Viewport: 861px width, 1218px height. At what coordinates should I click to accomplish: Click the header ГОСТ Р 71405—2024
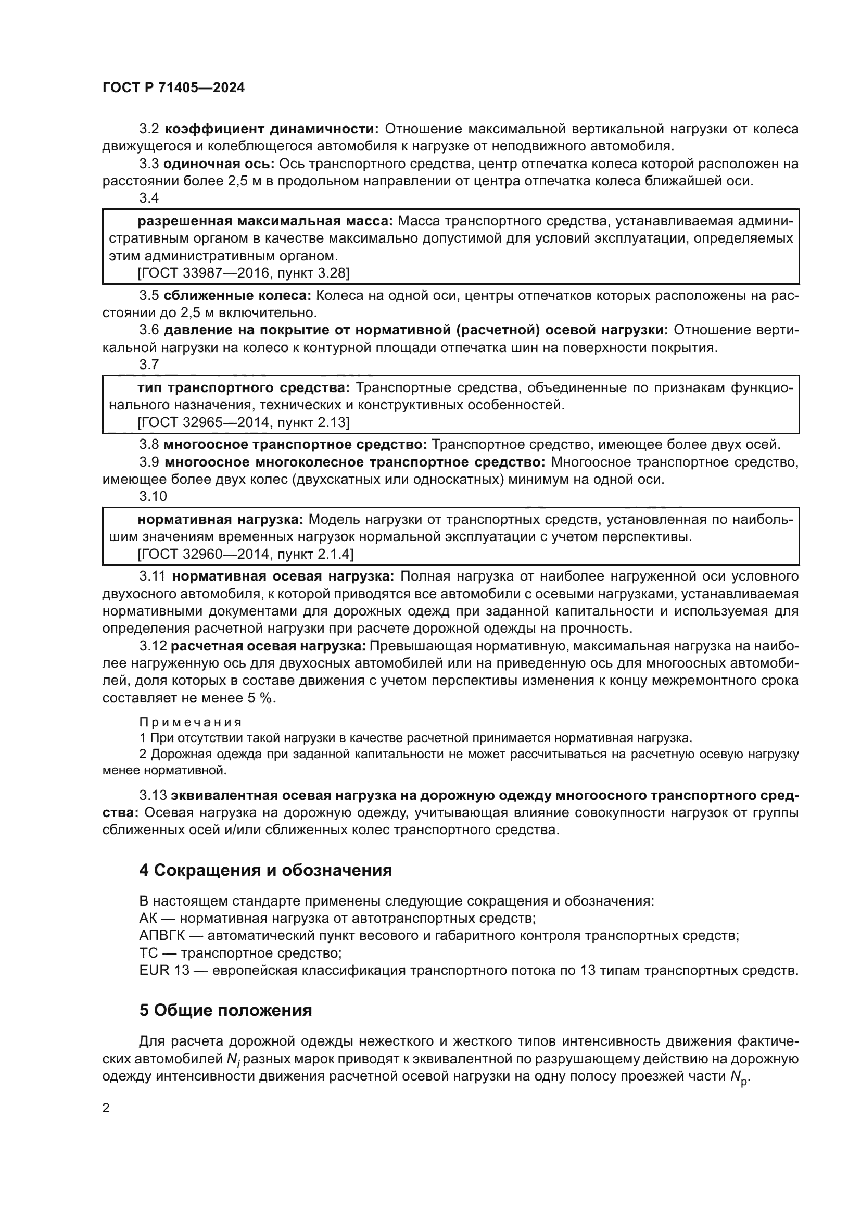pos(173,88)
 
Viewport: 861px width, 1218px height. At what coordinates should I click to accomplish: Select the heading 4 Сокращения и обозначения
pos(265,870)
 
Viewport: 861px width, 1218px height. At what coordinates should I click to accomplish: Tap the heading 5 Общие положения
pos(225,1011)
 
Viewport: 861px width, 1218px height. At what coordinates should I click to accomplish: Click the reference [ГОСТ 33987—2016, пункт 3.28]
pos(243,273)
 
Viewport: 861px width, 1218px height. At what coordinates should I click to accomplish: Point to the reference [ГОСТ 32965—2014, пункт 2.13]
pos(243,422)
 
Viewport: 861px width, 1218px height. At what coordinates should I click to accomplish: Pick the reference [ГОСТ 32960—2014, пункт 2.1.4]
pos(246,554)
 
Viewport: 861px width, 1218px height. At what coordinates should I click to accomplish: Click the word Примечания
pos(191,722)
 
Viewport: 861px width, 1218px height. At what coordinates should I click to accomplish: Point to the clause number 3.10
pos(153,496)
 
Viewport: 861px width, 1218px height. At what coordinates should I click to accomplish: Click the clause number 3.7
pos(149,365)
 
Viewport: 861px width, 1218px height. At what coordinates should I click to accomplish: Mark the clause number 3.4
pos(149,198)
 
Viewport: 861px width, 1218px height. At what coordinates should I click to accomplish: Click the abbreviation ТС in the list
pos(148,953)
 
